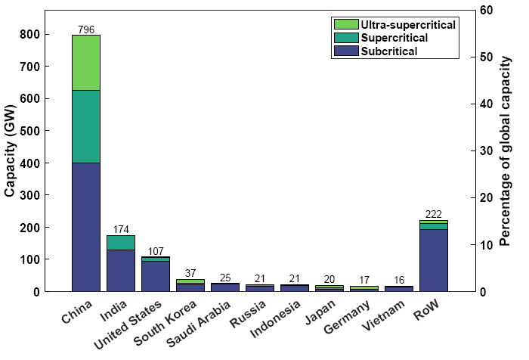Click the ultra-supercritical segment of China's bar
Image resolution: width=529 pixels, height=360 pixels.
click(85, 63)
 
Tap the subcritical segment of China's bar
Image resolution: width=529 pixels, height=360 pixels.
click(85, 227)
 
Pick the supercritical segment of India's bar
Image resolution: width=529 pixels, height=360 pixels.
click(120, 242)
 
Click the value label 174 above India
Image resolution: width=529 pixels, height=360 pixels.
click(120, 229)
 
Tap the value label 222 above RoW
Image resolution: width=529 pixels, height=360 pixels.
click(433, 214)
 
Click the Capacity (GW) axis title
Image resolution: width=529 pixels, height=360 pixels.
click(10, 151)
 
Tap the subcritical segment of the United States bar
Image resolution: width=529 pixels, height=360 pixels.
click(155, 276)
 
